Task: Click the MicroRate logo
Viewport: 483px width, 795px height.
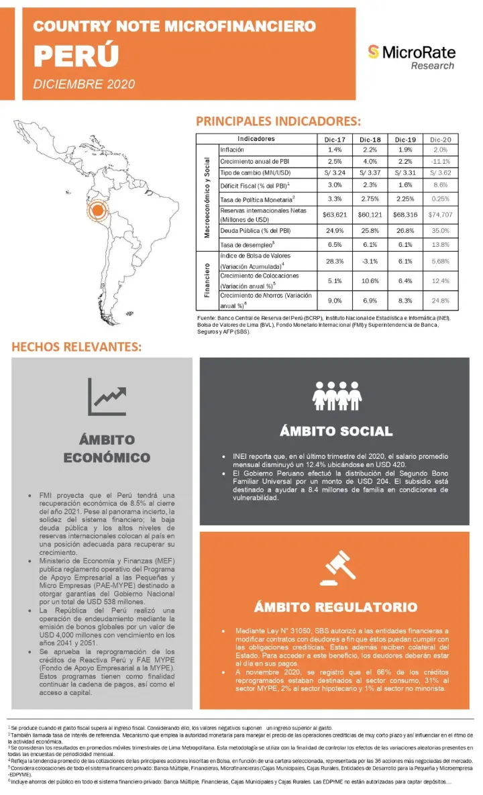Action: (x=411, y=56)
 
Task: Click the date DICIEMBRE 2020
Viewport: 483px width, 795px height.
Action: (x=84, y=84)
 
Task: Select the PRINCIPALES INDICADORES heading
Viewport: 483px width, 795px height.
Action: (x=278, y=121)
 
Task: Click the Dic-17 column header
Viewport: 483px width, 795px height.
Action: (x=333, y=139)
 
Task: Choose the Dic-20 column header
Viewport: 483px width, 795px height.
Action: (x=441, y=139)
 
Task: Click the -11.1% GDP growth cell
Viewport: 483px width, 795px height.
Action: (x=441, y=162)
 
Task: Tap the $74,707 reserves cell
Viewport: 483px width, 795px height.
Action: (x=441, y=215)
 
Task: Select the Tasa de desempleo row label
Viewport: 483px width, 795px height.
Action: (x=248, y=245)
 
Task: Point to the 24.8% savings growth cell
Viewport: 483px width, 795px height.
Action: (x=441, y=301)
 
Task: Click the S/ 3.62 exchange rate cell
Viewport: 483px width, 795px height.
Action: (x=441, y=173)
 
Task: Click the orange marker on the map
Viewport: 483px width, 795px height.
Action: (x=97, y=211)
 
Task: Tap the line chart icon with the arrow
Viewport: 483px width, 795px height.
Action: (x=107, y=396)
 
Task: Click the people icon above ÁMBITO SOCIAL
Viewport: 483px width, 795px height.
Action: (x=335, y=395)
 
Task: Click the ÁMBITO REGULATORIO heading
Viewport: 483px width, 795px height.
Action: (x=335, y=607)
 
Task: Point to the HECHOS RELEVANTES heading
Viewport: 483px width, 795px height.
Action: (x=76, y=348)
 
